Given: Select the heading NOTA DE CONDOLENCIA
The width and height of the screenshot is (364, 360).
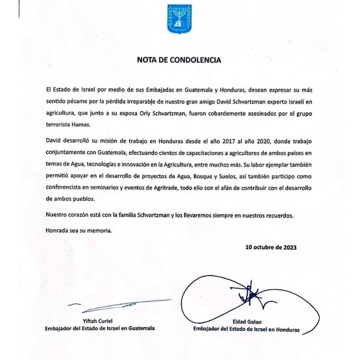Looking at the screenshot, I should [179, 60].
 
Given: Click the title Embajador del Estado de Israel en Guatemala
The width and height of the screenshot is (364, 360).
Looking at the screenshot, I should [99, 328].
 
